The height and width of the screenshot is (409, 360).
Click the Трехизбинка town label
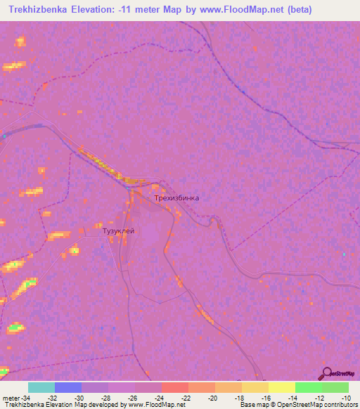(x=176, y=198)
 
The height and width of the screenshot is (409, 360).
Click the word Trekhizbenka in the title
(x=42, y=10)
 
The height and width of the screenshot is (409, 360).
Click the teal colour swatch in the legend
(x=41, y=387)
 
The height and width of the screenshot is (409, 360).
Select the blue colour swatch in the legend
(x=68, y=387)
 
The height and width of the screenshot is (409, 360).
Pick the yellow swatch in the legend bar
(x=282, y=387)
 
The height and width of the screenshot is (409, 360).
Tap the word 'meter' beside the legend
(x=10, y=397)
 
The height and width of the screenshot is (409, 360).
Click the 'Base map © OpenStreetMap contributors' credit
(x=298, y=405)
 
